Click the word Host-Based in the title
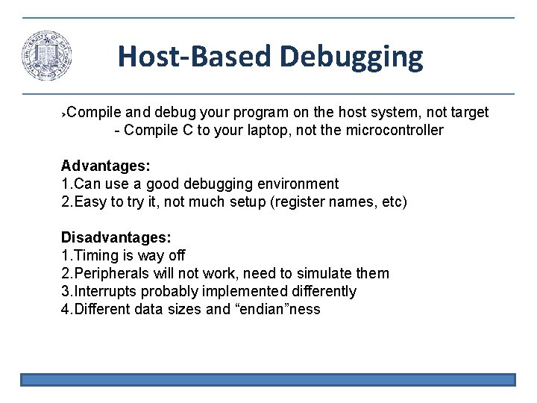point(195,57)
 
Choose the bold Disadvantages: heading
point(116,237)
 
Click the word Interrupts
point(107,291)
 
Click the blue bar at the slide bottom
point(268,380)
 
